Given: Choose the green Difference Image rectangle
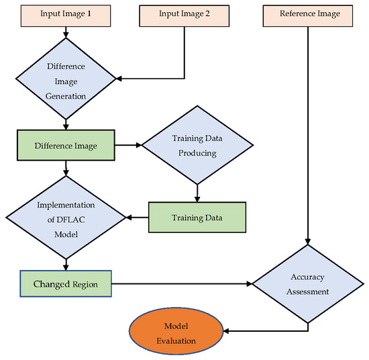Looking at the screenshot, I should (66, 144).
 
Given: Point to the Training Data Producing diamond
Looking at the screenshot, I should (197, 144).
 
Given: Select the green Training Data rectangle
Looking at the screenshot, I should (197, 218).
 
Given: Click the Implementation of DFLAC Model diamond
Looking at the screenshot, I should (66, 218).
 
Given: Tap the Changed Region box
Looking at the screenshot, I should (66, 285).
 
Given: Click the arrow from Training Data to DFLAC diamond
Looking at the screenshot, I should (138, 218).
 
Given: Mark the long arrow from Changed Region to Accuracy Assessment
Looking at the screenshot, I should (181, 285).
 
